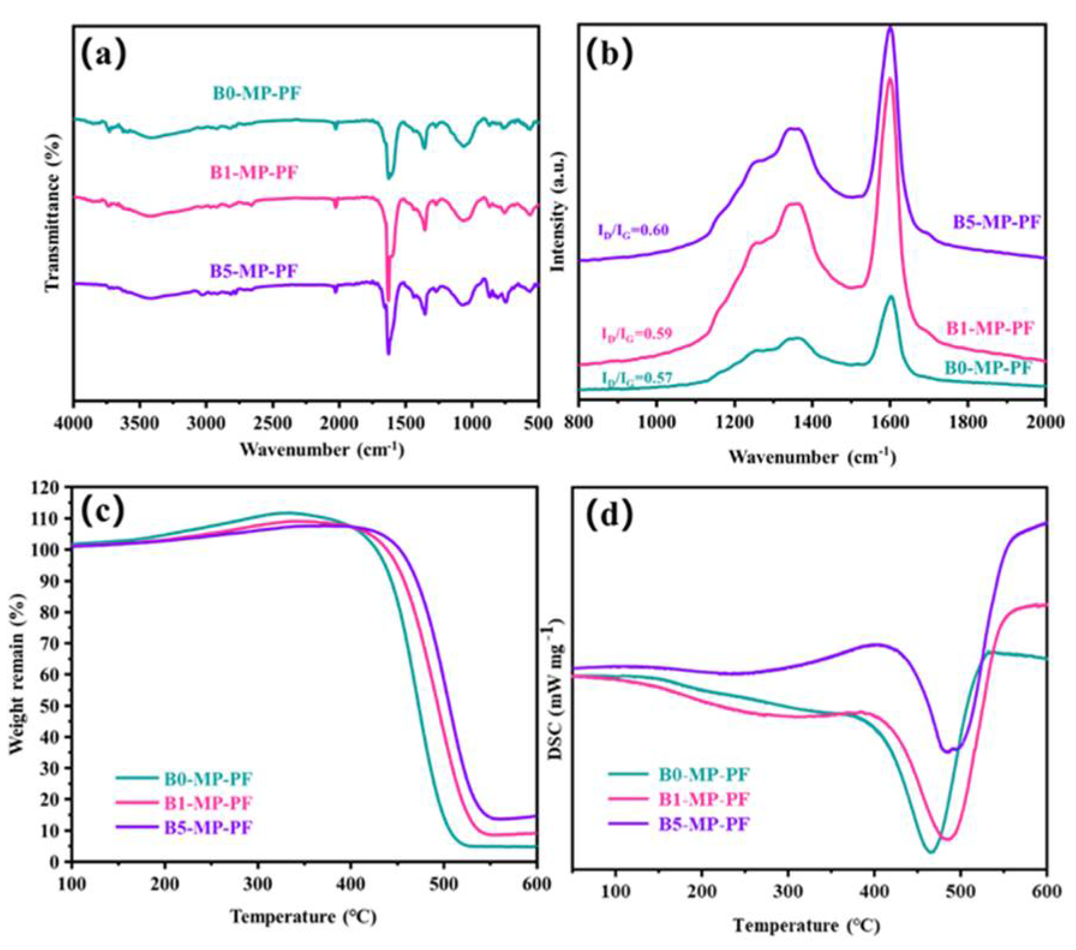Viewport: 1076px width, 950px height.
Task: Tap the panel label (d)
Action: (609, 516)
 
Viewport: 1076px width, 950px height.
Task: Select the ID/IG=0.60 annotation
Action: (633, 231)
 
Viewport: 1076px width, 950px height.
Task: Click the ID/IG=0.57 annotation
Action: (637, 378)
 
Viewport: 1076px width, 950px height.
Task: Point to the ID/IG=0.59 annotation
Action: (637, 334)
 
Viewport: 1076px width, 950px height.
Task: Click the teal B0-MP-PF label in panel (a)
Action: (256, 94)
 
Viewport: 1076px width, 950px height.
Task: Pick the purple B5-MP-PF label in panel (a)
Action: (253, 271)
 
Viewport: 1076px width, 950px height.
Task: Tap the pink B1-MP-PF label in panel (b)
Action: (990, 328)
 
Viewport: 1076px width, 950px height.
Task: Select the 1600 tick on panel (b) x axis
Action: (890, 422)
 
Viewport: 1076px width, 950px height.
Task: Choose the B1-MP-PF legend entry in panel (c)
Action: (208, 803)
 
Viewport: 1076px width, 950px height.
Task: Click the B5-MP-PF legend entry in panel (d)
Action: (704, 824)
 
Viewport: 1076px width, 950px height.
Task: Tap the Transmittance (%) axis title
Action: (53, 213)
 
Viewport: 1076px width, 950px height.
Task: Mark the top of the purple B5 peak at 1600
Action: (890, 28)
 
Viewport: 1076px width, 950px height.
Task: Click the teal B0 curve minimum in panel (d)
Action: (931, 852)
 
